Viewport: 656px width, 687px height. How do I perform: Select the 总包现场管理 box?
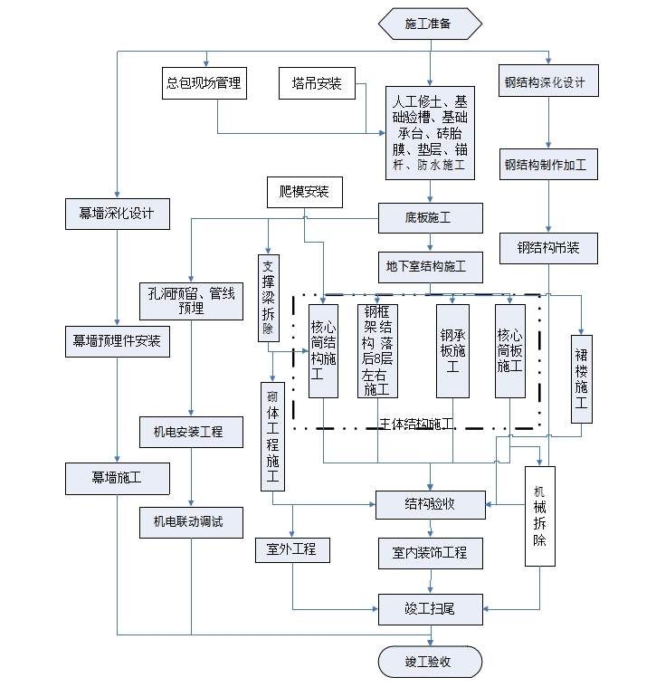click(204, 83)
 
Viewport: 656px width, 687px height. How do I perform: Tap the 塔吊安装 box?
click(317, 83)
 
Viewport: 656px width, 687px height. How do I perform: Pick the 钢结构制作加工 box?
click(546, 165)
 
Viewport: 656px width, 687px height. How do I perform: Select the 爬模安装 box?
click(304, 192)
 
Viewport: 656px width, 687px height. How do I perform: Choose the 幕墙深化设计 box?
click(116, 214)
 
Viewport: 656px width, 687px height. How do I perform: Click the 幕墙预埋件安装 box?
click(116, 340)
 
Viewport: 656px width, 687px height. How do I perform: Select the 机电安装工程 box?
click(190, 432)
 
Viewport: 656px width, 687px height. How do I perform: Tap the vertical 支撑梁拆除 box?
click(269, 299)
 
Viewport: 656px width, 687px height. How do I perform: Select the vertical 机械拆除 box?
click(539, 516)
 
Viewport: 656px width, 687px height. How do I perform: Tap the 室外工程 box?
click(291, 549)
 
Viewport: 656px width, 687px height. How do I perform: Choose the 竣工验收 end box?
click(429, 662)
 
